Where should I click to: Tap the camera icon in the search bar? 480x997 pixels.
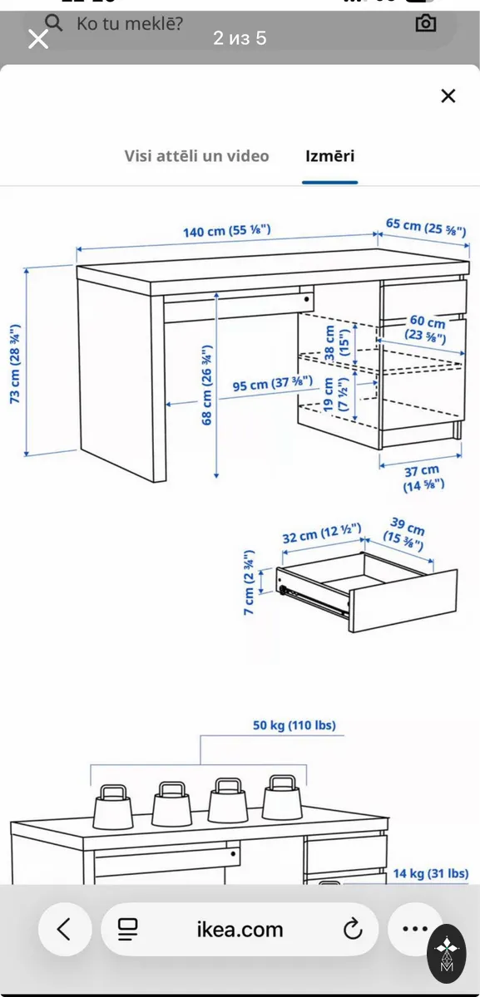425,23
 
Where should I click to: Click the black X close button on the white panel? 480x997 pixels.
448,96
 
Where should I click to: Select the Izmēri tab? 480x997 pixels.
329,156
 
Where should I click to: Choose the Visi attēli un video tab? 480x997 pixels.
196,156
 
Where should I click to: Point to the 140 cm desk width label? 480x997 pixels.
227,231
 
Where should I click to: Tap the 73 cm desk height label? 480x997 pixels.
15,364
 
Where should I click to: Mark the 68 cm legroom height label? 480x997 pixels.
206,385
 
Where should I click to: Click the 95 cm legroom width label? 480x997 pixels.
272,383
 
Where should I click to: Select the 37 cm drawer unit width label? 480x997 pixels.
423,478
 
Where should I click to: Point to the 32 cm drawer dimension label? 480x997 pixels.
321,533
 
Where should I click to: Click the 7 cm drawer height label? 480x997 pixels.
249,582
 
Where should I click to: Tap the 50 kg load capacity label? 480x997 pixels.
294,725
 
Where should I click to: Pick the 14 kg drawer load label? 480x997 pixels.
431,873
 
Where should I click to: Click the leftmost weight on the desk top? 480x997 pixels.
113,807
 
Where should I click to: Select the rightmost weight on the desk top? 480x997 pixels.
283,798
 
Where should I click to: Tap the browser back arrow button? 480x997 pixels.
65,930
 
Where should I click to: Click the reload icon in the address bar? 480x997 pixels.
353,929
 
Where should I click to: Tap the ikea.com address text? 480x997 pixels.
240,930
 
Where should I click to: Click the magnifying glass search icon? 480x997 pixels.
53,22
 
